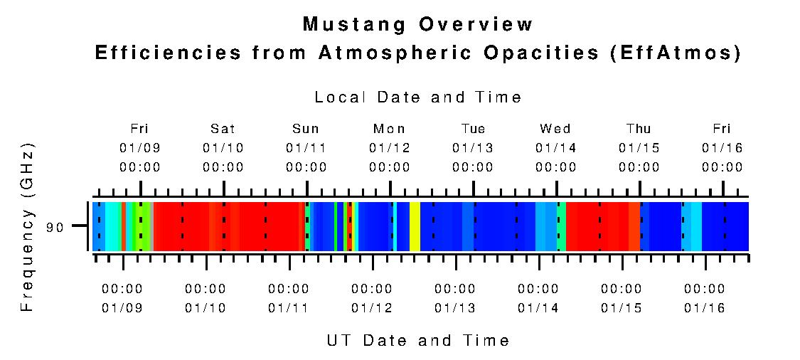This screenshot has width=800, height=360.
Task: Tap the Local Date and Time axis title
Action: (418, 97)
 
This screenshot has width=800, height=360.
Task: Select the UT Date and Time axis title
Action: (418, 340)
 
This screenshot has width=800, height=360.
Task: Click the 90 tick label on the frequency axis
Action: (55, 228)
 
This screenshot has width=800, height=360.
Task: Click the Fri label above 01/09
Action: (139, 129)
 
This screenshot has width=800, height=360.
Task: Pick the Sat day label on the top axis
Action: (223, 129)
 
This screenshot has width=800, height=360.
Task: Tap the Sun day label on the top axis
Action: (306, 129)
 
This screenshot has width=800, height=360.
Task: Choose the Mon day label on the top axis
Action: (389, 129)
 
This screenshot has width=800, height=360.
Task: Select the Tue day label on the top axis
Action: (473, 129)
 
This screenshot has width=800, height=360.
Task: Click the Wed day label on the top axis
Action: (555, 129)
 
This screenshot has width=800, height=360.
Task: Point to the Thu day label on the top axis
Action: (639, 129)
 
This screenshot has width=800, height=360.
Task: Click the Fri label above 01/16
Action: (722, 129)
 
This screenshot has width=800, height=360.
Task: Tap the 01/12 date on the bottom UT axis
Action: (372, 308)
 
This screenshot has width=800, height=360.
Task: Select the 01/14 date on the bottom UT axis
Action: (538, 308)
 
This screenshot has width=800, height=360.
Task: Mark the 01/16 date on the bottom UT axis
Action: (705, 308)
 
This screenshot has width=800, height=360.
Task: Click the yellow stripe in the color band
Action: (415, 226)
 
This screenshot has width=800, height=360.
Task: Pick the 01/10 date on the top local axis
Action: (223, 148)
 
